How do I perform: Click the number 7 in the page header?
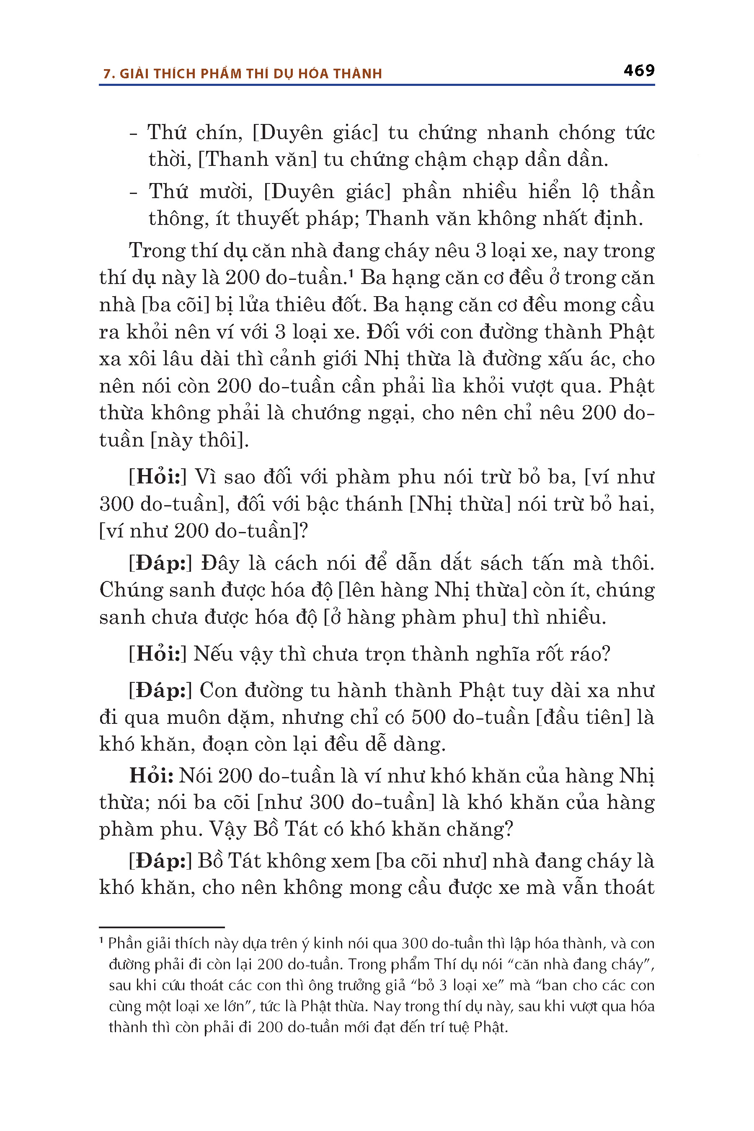click(x=107, y=74)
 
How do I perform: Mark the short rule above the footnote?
click(x=162, y=927)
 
